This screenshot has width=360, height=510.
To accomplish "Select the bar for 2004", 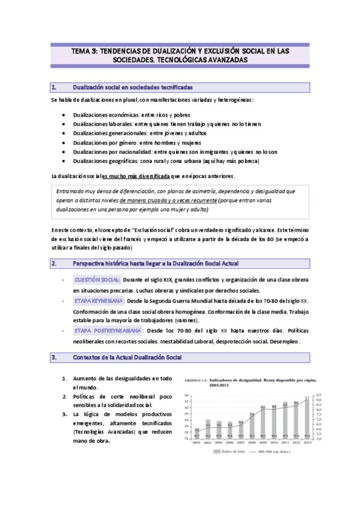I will click(x=207, y=428).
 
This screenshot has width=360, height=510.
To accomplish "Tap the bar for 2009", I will click(x=263, y=423).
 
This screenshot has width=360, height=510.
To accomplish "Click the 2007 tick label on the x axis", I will click(x=240, y=442).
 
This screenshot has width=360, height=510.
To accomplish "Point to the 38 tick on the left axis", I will click(x=188, y=395).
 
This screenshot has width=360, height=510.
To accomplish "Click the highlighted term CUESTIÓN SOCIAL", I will click(x=97, y=280).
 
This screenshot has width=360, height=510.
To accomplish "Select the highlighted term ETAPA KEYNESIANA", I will click(x=99, y=300).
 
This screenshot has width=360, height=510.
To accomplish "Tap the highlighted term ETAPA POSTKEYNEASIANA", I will click(x=108, y=331).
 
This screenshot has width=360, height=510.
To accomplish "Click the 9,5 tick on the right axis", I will click(x=319, y=395).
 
